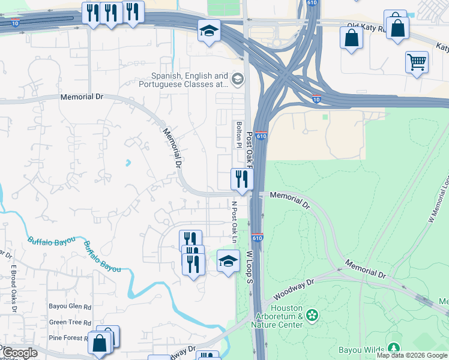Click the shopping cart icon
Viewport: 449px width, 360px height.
point(417,61)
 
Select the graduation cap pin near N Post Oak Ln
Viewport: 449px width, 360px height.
point(228,261)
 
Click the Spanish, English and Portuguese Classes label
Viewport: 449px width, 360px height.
point(190,80)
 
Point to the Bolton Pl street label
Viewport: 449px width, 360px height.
point(239,134)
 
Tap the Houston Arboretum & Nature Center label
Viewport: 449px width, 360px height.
point(279,320)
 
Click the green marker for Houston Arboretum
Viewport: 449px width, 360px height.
point(312,315)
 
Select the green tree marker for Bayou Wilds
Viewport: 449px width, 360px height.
point(394,348)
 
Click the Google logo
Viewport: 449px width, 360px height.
point(20,353)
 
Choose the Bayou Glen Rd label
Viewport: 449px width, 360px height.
point(70,307)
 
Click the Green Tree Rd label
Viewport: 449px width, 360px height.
point(70,322)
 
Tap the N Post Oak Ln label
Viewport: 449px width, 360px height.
point(235,223)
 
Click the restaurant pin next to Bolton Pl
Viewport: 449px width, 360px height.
point(242,179)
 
